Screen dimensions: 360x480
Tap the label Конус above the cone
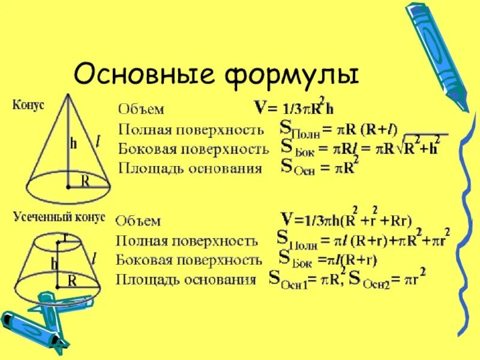pyautogui.click(x=29, y=104)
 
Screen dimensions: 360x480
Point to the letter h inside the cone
pyautogui.click(x=73, y=143)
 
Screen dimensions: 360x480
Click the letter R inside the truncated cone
pyautogui.click(x=72, y=280)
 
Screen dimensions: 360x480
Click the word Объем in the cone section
pyautogui.click(x=141, y=109)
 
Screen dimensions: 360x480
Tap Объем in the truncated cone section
pyautogui.click(x=139, y=221)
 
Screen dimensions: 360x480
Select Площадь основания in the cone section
pyautogui.click(x=190, y=168)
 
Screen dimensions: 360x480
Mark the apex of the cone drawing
pyautogui.click(x=70, y=94)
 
